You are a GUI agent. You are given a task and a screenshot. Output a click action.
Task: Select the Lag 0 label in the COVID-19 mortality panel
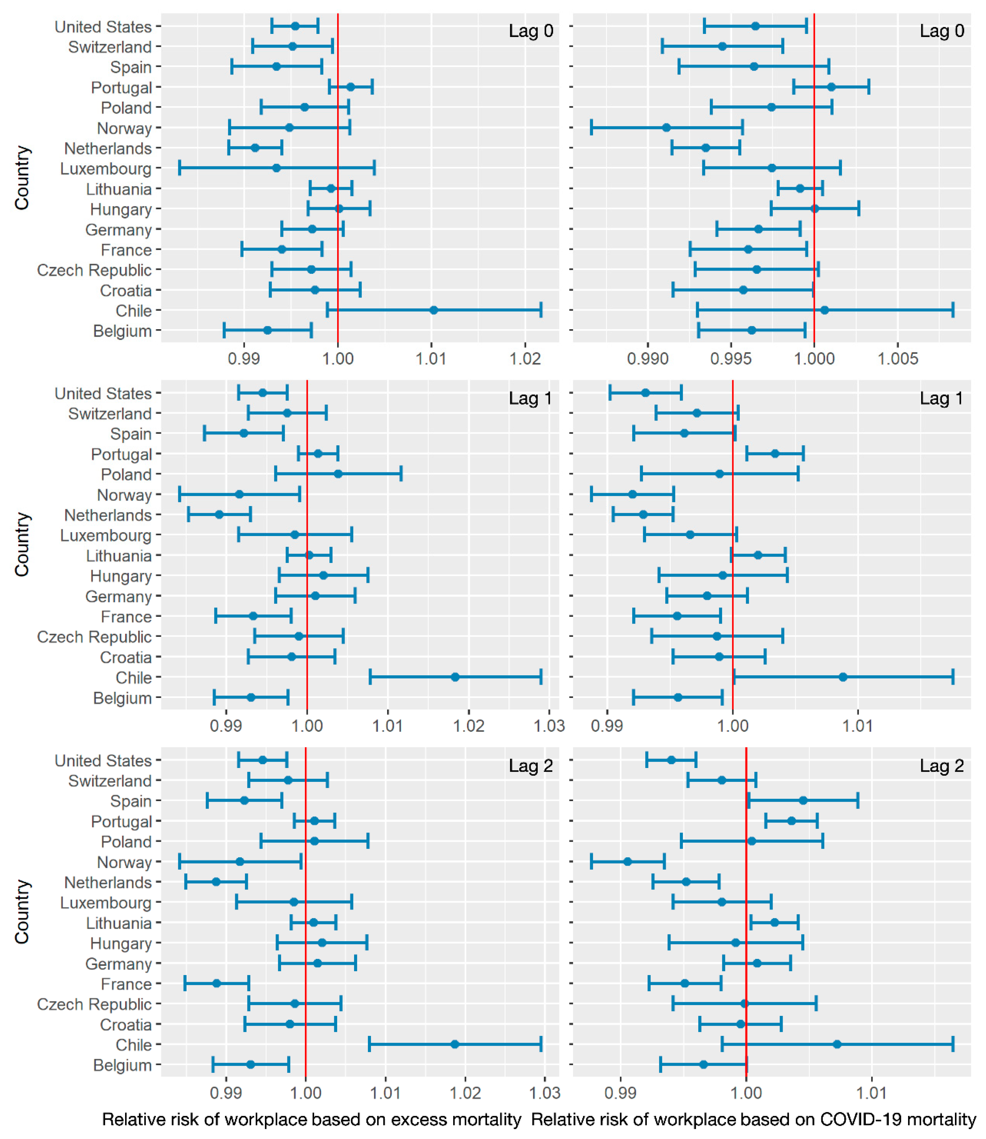[942, 31]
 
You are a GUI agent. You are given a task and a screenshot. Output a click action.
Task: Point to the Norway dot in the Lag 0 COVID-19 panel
[666, 128]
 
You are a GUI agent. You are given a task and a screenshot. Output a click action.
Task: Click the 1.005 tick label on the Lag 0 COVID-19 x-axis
[898, 359]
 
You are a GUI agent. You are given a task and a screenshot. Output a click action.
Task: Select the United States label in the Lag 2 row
[103, 761]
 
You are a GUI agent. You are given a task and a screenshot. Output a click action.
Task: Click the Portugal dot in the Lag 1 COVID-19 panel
[775, 454]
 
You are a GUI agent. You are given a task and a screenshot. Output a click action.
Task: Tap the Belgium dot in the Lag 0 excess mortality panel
[267, 330]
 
